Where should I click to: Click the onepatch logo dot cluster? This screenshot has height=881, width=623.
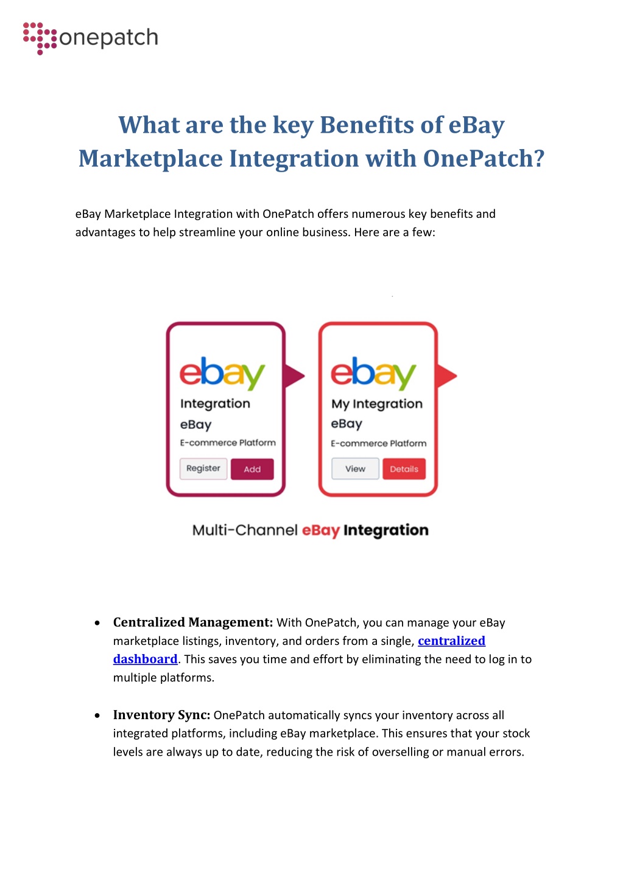(x=40, y=38)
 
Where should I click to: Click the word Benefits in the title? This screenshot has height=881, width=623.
(x=367, y=125)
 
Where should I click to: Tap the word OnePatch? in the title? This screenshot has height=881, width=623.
(x=484, y=159)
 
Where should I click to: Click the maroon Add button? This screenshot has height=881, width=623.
(x=252, y=469)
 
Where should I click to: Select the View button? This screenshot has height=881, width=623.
(x=355, y=468)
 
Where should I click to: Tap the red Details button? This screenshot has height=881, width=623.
(x=404, y=468)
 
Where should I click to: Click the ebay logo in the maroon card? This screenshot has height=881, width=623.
(x=222, y=373)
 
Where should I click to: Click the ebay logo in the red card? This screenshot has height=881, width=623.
(x=373, y=373)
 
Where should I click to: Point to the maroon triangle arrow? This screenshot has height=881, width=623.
(x=294, y=376)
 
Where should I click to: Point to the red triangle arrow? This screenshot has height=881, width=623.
(x=446, y=376)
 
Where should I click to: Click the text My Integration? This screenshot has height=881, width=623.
(x=376, y=404)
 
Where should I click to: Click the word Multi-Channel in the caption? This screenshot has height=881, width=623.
(x=245, y=530)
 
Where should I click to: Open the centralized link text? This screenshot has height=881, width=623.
(x=451, y=641)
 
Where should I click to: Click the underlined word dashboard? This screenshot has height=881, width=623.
(x=145, y=659)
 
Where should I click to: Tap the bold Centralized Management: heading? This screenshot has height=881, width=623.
(x=193, y=622)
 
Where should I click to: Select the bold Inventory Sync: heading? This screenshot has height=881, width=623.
(x=161, y=715)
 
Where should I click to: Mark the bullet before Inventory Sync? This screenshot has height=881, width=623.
(x=97, y=716)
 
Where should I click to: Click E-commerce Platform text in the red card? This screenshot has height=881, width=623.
(x=378, y=444)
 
